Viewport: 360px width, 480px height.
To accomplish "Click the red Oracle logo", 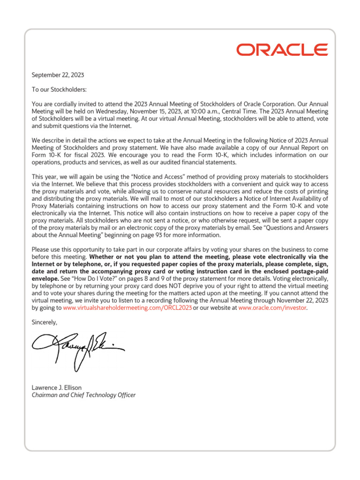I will (282, 50).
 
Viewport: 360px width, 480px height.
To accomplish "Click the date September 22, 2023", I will (58, 75).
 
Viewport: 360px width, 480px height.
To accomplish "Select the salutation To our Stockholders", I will (59, 90).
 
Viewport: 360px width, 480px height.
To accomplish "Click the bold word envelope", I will (45, 279).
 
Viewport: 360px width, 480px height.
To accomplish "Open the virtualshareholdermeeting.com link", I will (127, 308).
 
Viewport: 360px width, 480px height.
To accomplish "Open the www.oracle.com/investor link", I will (272, 308).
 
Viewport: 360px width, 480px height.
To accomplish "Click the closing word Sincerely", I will (45, 322).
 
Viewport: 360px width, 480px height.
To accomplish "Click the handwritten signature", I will (77, 346).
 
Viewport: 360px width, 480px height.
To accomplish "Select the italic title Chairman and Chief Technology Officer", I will (83, 395).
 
